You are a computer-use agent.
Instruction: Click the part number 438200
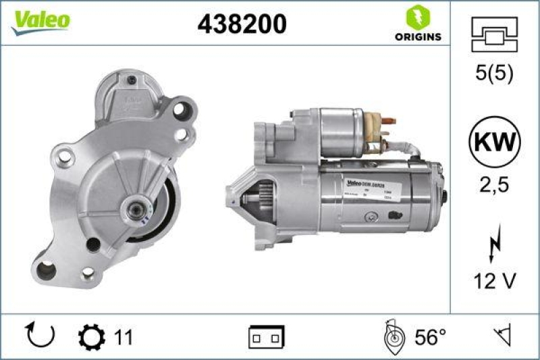pos(242,24)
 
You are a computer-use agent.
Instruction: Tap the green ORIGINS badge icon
pos(418,16)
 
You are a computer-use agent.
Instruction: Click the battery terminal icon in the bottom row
pos(267,336)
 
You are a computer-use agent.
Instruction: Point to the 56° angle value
pos(429,336)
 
